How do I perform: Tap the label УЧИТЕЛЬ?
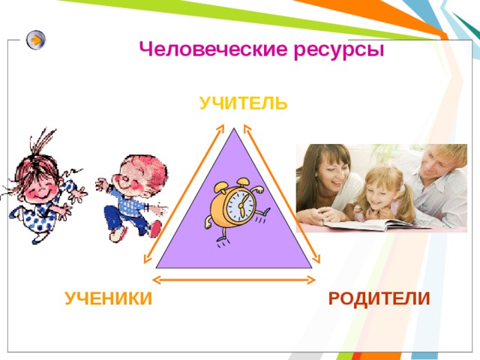[244, 103]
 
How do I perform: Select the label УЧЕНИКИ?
[108, 299]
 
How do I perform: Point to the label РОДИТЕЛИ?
[379, 298]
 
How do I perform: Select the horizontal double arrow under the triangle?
[234, 280]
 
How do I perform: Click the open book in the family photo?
[375, 223]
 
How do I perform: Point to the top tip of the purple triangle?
[234, 130]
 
